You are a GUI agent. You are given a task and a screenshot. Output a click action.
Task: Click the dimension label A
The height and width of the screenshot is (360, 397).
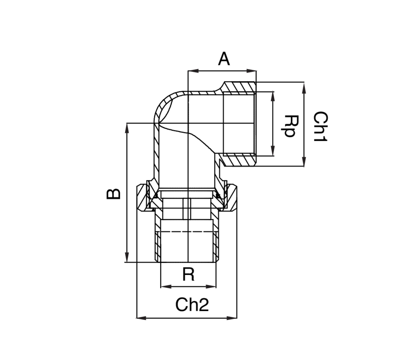click(224, 59)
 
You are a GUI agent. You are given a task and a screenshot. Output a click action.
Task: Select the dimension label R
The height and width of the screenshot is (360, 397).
click(188, 275)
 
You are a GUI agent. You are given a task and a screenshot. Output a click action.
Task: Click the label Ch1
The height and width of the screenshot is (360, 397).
click(321, 126)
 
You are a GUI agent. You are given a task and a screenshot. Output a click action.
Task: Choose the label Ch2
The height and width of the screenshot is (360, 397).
click(192, 305)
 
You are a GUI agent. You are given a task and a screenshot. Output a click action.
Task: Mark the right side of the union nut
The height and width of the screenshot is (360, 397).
click(231, 198)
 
